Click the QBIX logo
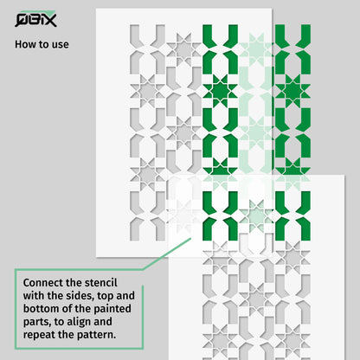(35, 19)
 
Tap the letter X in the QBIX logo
(49, 21)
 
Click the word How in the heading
(24, 44)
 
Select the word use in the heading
(61, 45)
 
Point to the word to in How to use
(42, 45)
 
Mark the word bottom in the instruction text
(42, 309)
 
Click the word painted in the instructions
(112, 309)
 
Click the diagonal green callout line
(166, 254)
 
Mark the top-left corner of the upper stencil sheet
(96, 9)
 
